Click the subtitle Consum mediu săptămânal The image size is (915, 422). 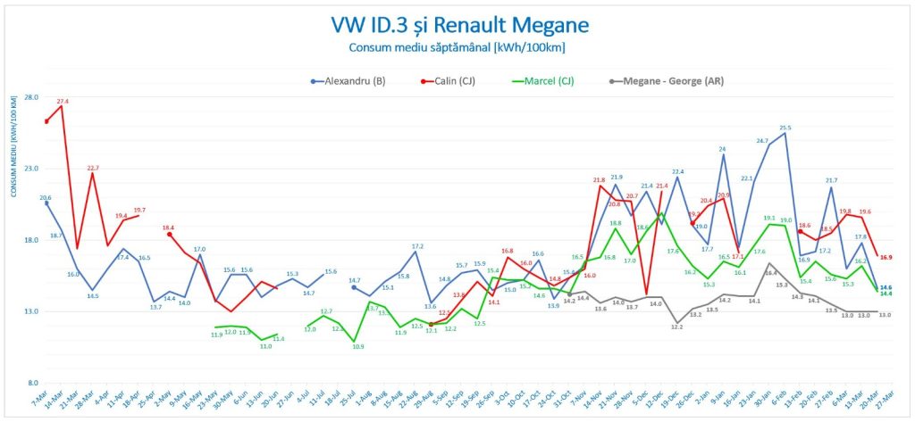click(x=457, y=48)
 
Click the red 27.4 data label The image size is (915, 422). click(x=63, y=102)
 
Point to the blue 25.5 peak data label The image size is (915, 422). click(x=785, y=128)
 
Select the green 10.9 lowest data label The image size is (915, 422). click(x=357, y=346)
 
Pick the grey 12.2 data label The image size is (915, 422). click(x=677, y=327)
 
